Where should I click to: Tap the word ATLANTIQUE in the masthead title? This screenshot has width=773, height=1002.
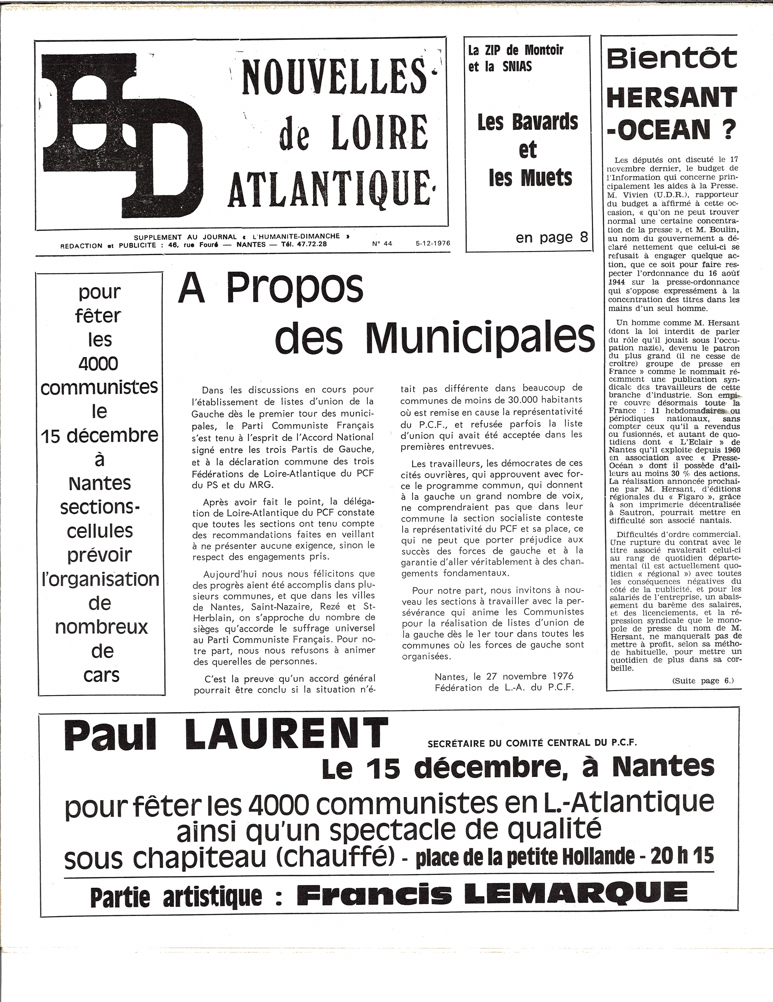click(x=329, y=189)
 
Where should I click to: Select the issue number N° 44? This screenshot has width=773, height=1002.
click(x=382, y=244)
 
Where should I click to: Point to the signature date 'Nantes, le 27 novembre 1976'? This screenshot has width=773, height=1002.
click(x=504, y=676)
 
